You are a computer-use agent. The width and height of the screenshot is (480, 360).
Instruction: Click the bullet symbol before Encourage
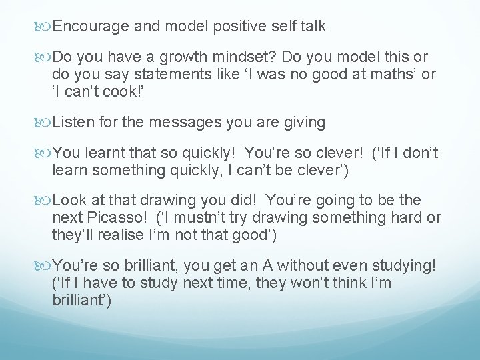click(45, 27)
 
